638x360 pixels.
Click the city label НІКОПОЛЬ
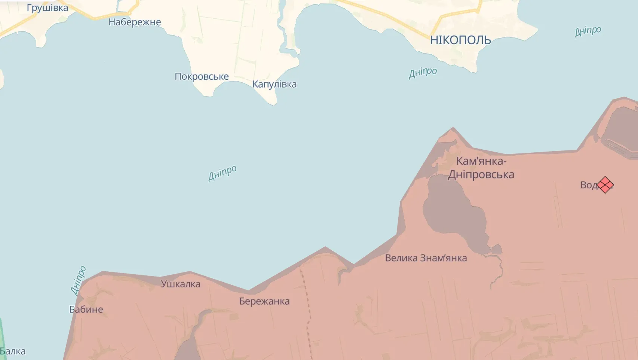click(x=460, y=40)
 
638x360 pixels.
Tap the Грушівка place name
click(x=47, y=8)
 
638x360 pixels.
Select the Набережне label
click(x=135, y=22)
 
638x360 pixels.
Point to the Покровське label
click(x=202, y=76)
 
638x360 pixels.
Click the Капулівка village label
click(x=274, y=84)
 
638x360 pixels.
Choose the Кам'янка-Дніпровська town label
click(x=481, y=168)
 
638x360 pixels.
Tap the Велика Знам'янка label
click(x=426, y=258)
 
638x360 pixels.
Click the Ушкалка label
click(x=181, y=284)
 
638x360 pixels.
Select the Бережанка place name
click(x=264, y=301)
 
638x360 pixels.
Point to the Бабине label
click(x=86, y=309)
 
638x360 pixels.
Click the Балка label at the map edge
click(x=13, y=351)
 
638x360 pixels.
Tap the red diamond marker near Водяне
click(x=605, y=185)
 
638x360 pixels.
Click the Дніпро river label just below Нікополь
click(x=423, y=72)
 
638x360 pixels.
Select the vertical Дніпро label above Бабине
click(x=78, y=281)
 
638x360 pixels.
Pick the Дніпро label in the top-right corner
click(x=588, y=31)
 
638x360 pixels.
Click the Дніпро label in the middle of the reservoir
click(x=222, y=173)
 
